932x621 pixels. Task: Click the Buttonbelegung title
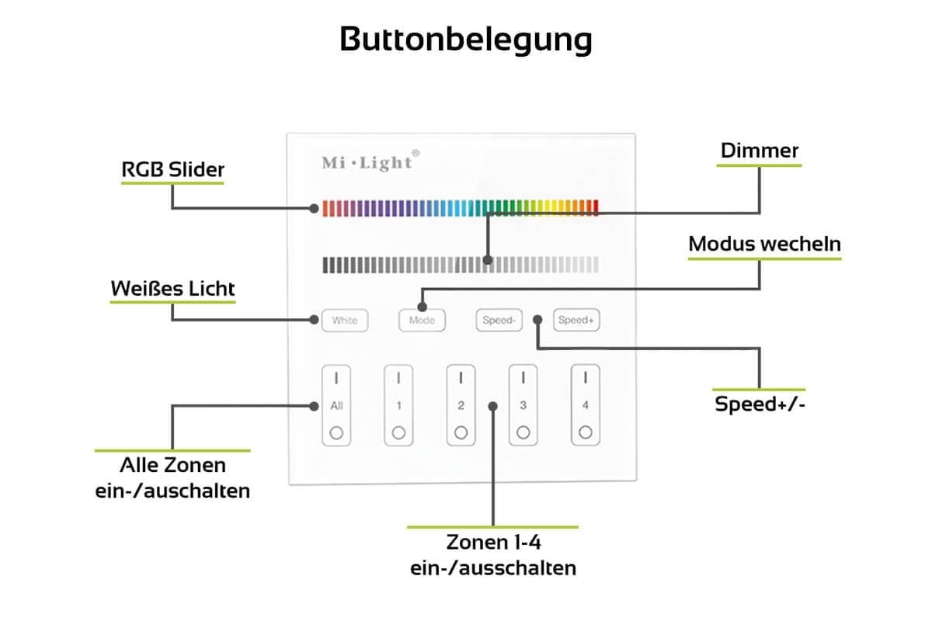[x=466, y=39]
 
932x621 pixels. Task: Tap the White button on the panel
[x=344, y=320]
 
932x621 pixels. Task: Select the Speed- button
[x=499, y=320]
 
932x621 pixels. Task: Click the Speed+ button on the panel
[x=576, y=320]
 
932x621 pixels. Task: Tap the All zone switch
[x=336, y=405]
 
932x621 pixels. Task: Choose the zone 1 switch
[x=398, y=405]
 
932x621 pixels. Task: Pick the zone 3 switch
[x=523, y=405]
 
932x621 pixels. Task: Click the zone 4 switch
[x=585, y=405]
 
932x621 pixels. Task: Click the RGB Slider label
[x=172, y=169]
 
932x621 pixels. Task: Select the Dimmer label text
[x=760, y=151]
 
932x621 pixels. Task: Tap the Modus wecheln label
[x=764, y=244]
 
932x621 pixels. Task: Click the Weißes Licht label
[x=172, y=289]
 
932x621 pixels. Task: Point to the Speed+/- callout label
[x=760, y=404]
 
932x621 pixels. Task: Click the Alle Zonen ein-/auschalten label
[x=172, y=477]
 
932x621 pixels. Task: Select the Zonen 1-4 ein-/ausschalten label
[x=493, y=554]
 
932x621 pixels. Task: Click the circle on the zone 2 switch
[x=461, y=433]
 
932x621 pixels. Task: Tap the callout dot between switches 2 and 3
[x=492, y=405]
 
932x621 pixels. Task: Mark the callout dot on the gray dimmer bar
[x=487, y=259]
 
